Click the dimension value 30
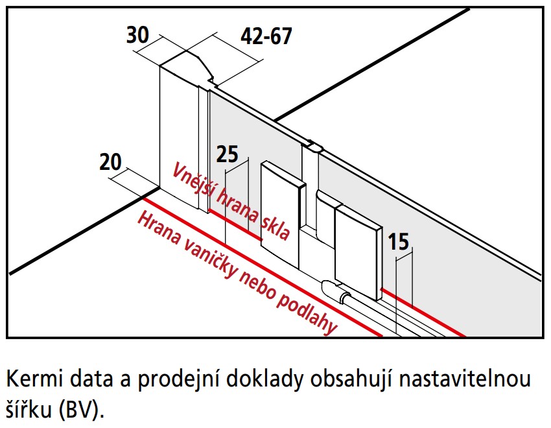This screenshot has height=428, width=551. point(137,35)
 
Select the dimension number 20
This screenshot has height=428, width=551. point(111,161)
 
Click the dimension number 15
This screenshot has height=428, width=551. point(399,242)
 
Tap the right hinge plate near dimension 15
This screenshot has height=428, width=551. point(356,250)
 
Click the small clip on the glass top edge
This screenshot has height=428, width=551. point(312,146)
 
